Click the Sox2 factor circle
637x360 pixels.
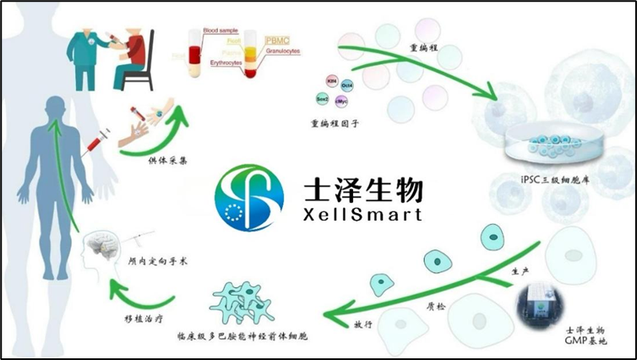point(323,98)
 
